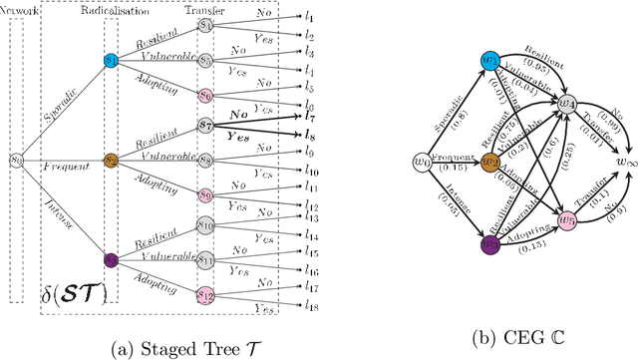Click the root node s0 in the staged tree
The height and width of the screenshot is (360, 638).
[16, 159]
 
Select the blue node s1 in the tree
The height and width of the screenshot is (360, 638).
[111, 61]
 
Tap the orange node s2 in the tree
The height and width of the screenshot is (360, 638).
[111, 160]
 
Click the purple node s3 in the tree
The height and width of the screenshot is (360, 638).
[111, 259]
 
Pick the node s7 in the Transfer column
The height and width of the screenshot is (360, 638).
[205, 127]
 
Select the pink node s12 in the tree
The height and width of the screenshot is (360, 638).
[205, 294]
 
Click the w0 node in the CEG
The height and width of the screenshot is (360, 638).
[421, 161]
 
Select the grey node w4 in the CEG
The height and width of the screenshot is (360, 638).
[565, 103]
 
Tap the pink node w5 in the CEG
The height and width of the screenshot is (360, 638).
[565, 219]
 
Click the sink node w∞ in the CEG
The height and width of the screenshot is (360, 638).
[623, 161]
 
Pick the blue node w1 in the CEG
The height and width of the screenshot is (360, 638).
[489, 61]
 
